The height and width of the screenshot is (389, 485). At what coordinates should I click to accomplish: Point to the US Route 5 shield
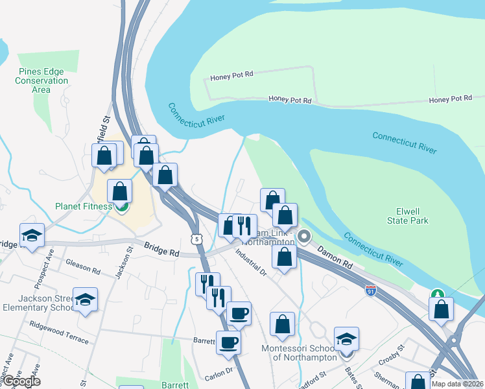(196, 239)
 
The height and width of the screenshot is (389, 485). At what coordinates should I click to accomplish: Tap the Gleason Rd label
(83, 266)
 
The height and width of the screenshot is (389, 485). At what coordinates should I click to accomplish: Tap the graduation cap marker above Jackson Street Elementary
(85, 300)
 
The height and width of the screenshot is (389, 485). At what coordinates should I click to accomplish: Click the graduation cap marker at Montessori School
(346, 339)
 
